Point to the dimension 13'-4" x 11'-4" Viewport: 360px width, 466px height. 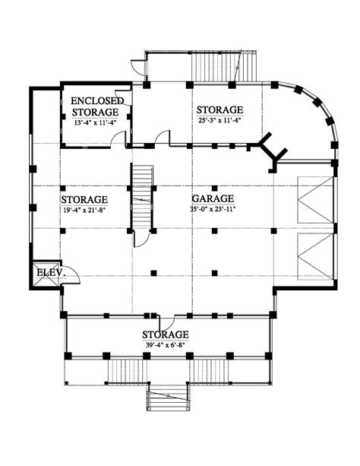[95, 120]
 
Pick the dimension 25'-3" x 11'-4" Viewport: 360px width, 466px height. [220, 121]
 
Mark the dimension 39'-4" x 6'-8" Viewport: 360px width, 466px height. [166, 345]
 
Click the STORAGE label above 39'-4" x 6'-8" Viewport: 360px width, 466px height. [166, 334]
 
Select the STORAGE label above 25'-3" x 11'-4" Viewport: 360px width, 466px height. [220, 109]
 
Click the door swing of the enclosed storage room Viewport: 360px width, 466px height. [119, 138]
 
